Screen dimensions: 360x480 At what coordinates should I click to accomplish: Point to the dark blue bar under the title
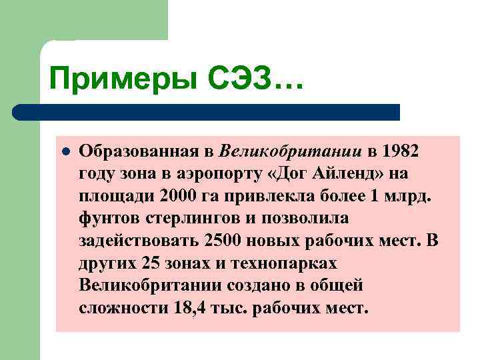[x=207, y=112]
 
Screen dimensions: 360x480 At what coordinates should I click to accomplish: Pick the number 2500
[x=221, y=241]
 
